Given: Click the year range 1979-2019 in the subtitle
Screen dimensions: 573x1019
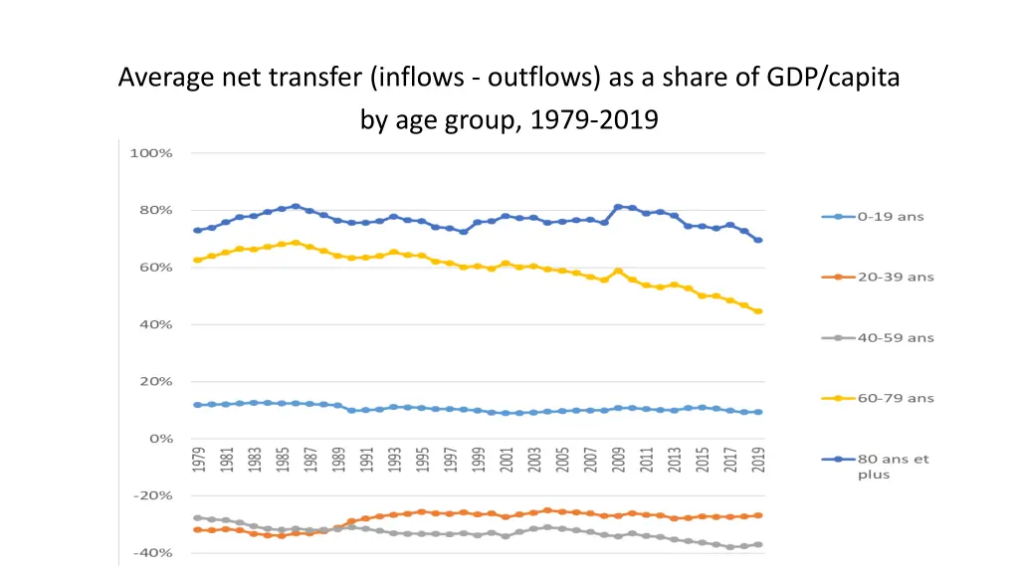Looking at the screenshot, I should (x=594, y=120).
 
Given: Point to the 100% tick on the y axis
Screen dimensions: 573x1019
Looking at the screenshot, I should (x=151, y=153).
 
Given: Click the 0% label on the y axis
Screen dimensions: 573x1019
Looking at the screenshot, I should (x=160, y=438).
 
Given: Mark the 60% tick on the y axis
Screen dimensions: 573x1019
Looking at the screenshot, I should (x=154, y=268).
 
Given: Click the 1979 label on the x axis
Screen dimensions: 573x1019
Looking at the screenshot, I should (x=198, y=460).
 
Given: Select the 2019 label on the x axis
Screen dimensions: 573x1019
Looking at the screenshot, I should (x=758, y=460).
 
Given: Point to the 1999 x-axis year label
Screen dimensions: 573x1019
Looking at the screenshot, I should (x=478, y=460).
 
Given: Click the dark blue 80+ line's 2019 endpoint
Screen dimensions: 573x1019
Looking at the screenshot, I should (x=758, y=240).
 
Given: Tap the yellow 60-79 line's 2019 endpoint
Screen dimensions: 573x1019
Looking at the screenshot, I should (x=758, y=311).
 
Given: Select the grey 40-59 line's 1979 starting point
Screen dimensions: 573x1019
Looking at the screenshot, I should (x=197, y=517).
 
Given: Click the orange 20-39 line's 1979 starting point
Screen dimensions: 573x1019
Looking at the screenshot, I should (x=197, y=529).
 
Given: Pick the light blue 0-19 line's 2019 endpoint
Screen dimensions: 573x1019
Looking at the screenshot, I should (x=758, y=412).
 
